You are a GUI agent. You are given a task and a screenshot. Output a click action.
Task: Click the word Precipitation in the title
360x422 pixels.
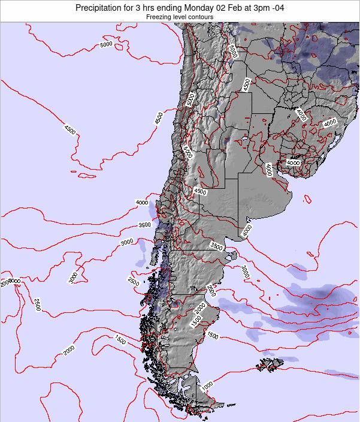coord(104,8)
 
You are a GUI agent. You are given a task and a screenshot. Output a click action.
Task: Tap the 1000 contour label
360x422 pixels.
coord(207,385)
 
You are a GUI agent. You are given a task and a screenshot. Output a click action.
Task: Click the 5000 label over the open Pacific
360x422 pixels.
coord(107,44)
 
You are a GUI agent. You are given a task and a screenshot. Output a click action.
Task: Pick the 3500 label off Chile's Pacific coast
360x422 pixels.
coord(144,225)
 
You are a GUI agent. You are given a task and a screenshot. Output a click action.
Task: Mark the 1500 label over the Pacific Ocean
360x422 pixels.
coord(119,340)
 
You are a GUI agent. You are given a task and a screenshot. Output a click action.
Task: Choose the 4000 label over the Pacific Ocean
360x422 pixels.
coord(142,203)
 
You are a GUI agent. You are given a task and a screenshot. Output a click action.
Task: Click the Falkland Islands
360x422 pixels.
coord(271,364)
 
